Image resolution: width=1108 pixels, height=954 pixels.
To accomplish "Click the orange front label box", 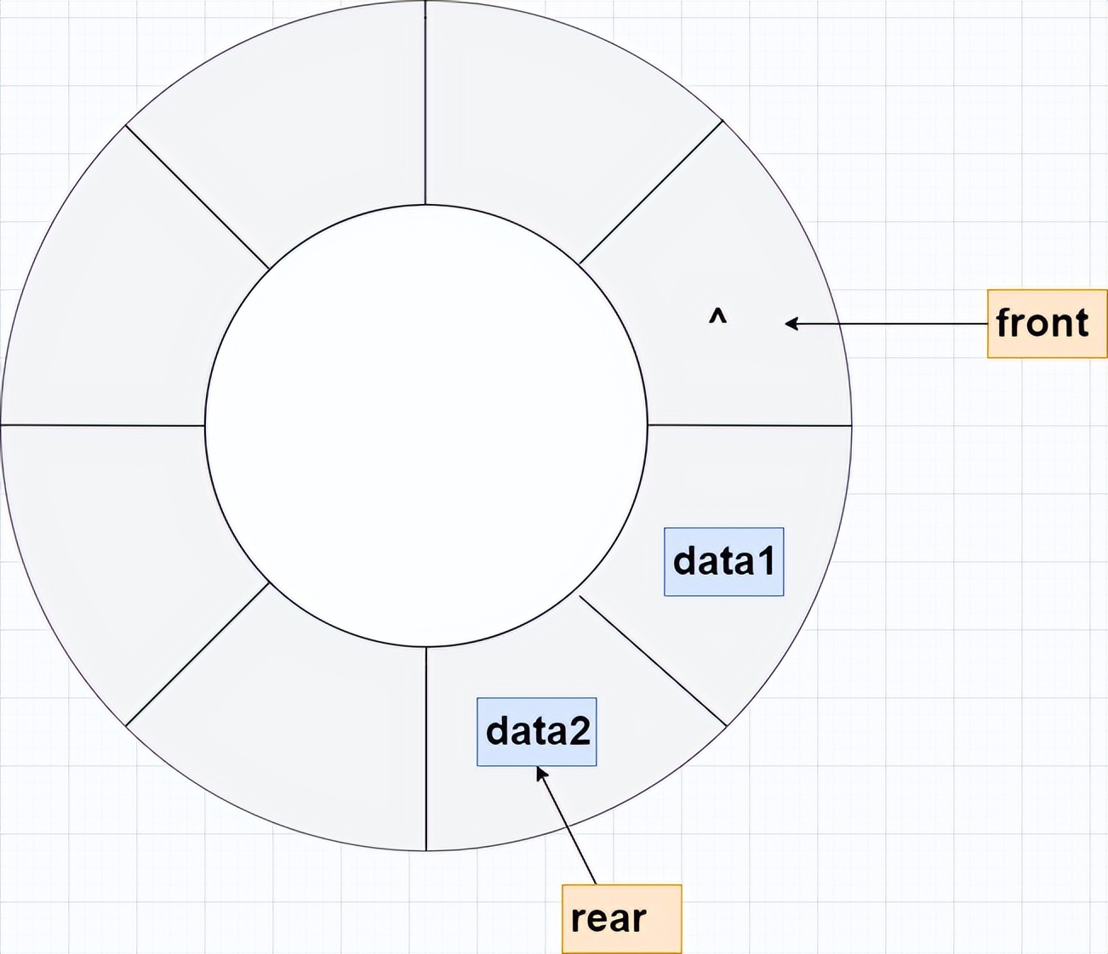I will point(1047,323).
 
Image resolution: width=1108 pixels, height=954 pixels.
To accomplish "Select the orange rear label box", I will point(621,918).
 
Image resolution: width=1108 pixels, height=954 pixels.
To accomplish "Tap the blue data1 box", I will point(723,561).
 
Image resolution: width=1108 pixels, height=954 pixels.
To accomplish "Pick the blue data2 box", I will point(536,731).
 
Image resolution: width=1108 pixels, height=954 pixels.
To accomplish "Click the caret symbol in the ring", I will point(717,317).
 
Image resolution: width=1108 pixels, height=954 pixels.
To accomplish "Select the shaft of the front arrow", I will point(894,323).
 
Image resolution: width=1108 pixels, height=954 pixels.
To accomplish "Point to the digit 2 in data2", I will point(579,731).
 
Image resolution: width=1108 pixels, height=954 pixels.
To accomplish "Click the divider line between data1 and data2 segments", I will point(653,661).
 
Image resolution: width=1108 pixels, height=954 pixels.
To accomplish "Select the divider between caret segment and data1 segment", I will point(749,424).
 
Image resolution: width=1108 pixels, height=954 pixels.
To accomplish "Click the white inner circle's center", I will point(425,425).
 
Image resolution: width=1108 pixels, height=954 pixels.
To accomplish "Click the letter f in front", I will point(1004,322).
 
